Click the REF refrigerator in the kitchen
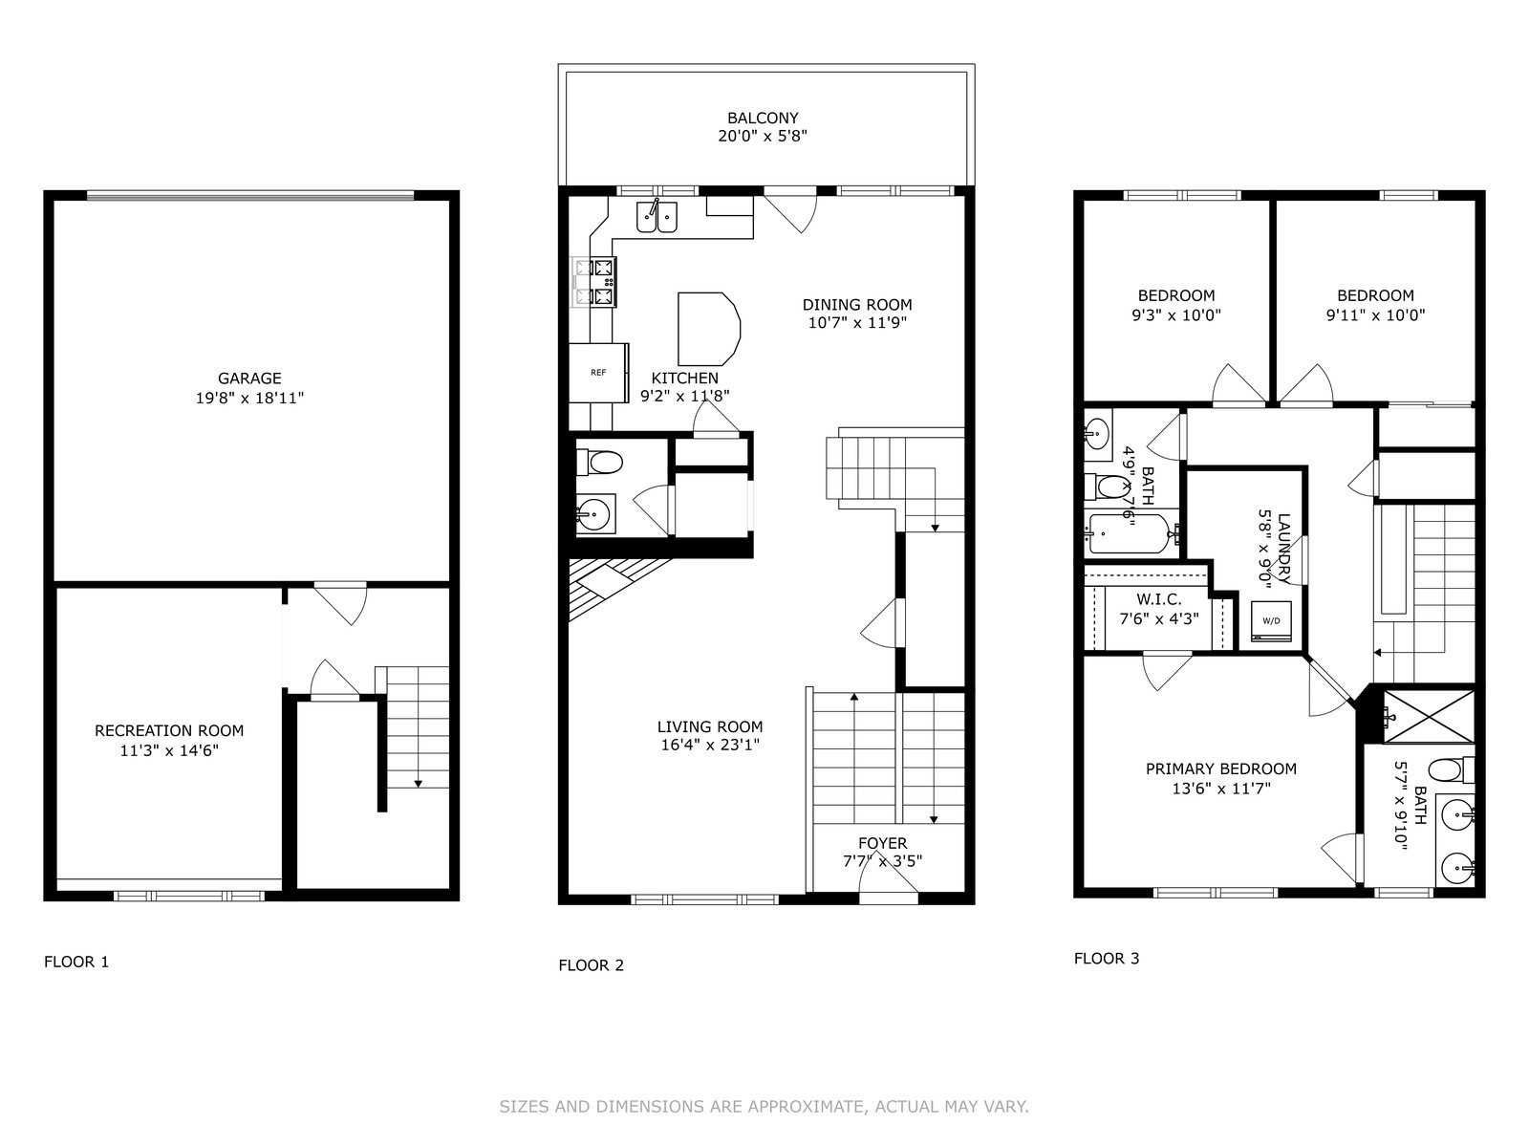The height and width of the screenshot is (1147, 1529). (x=598, y=373)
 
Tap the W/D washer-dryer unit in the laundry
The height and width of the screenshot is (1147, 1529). (x=1271, y=621)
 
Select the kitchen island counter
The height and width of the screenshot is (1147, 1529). (x=708, y=329)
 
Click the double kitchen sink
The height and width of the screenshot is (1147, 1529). (x=657, y=217)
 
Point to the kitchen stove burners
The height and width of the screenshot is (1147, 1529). (x=594, y=282)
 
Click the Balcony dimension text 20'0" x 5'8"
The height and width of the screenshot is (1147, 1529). (x=763, y=136)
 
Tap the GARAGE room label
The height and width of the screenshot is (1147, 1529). (x=249, y=379)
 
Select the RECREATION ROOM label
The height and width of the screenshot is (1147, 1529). (x=169, y=730)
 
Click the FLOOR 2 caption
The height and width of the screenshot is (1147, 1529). (x=592, y=965)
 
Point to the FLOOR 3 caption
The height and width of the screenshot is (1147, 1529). (x=1107, y=959)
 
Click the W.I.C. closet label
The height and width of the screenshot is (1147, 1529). (x=1159, y=599)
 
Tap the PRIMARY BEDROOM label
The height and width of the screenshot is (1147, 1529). (x=1221, y=768)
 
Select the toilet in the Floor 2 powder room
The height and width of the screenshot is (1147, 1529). (x=600, y=462)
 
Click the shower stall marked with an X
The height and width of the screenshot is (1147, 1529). (x=1428, y=717)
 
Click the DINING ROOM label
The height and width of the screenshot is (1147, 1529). (x=857, y=304)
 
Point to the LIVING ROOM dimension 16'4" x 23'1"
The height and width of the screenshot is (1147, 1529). (x=710, y=746)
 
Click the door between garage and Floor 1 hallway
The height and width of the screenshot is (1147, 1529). (x=340, y=603)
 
